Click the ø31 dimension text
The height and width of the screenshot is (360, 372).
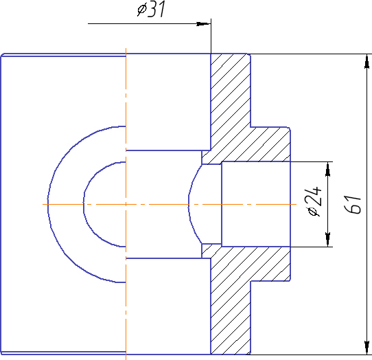tap(151, 9)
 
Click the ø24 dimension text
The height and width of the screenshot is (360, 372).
tap(314, 201)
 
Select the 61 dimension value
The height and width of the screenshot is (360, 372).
tap(353, 205)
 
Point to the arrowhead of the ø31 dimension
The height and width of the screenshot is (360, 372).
tap(203, 24)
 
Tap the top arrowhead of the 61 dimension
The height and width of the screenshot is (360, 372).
tap(367, 61)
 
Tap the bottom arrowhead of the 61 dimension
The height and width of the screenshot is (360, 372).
tap(367, 348)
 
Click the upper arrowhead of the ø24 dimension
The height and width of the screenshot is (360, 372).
tap(328, 169)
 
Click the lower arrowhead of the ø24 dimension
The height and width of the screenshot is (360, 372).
tap(328, 240)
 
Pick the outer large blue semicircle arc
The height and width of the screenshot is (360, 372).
tap(48, 204)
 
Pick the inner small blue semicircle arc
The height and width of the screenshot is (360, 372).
tap(84, 204)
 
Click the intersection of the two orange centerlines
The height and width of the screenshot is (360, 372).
tap(126, 204)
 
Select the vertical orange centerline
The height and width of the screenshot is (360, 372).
tap(126, 204)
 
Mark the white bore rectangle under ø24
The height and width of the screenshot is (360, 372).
tap(256, 204)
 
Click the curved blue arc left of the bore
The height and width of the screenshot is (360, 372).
tap(189, 204)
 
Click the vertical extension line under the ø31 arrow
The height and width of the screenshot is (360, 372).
tap(211, 36)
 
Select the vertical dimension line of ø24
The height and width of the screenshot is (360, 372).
tap(328, 204)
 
